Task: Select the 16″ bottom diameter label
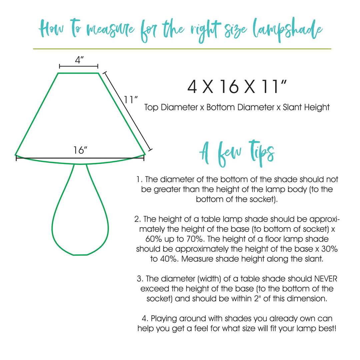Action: pos(80,150)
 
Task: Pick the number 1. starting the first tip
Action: pos(140,180)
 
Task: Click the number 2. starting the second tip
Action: pos(137,219)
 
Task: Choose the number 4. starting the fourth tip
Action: pos(141,319)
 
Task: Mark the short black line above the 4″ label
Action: pos(79,66)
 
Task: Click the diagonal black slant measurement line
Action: pos(128,111)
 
